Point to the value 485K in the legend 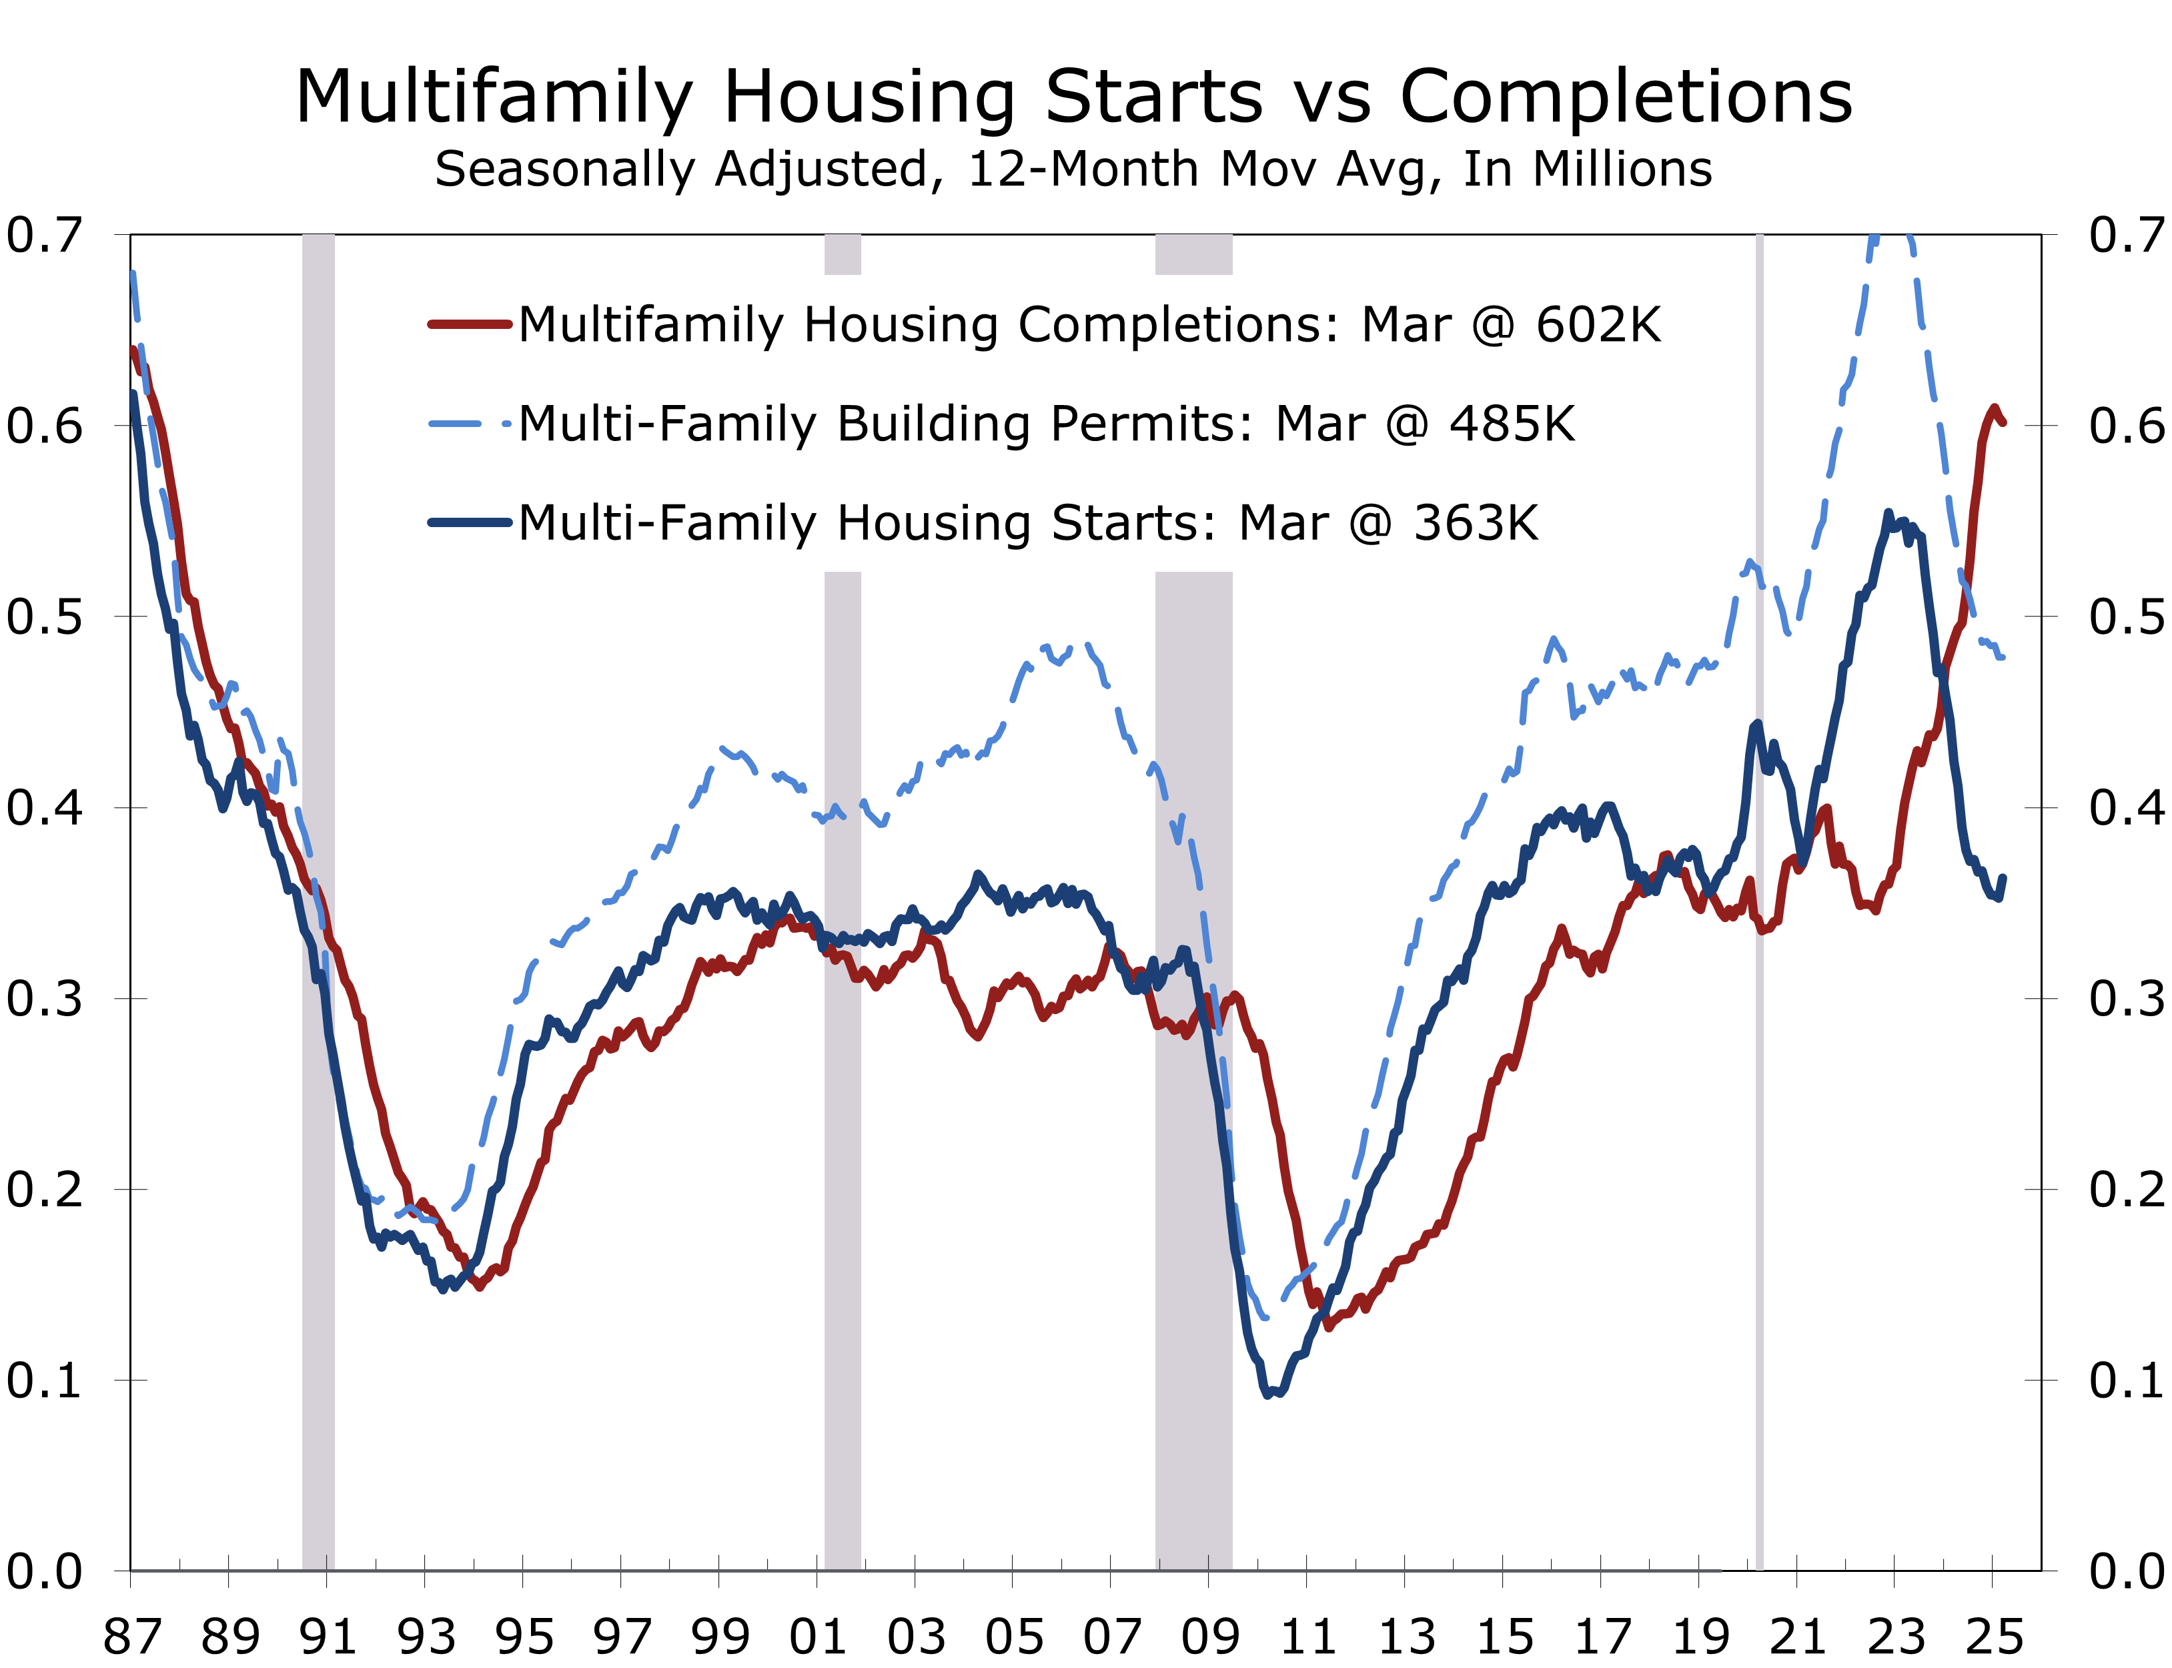pos(1511,424)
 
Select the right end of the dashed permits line pos(2003,657)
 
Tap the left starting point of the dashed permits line pos(133,273)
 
